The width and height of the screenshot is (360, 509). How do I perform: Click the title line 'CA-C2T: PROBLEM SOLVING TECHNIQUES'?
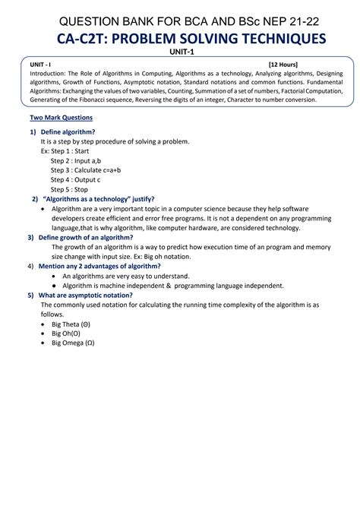(180, 39)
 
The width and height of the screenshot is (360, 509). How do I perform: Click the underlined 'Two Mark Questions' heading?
(62, 118)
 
